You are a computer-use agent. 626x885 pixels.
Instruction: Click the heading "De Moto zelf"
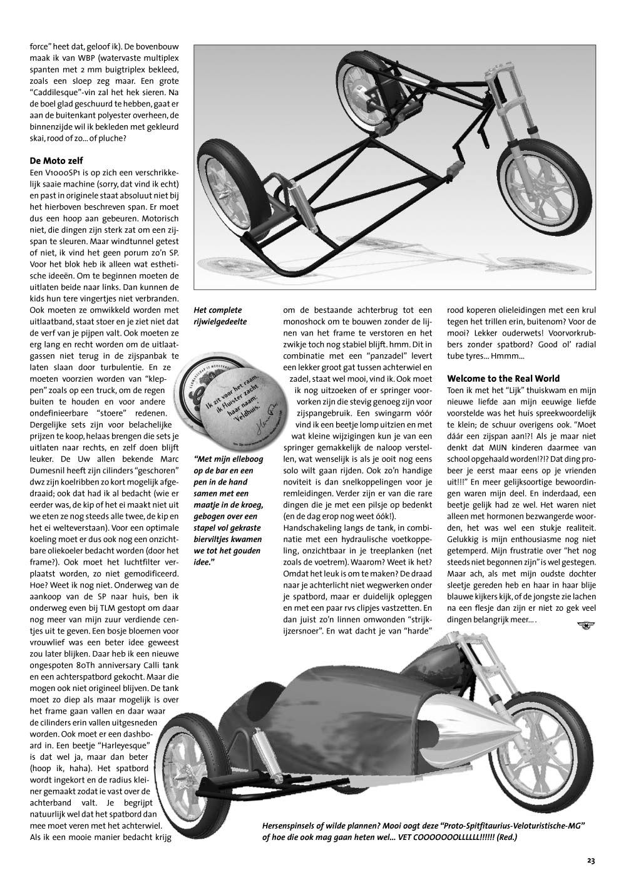tap(56, 160)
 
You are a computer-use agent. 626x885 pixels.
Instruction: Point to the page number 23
tap(590, 860)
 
